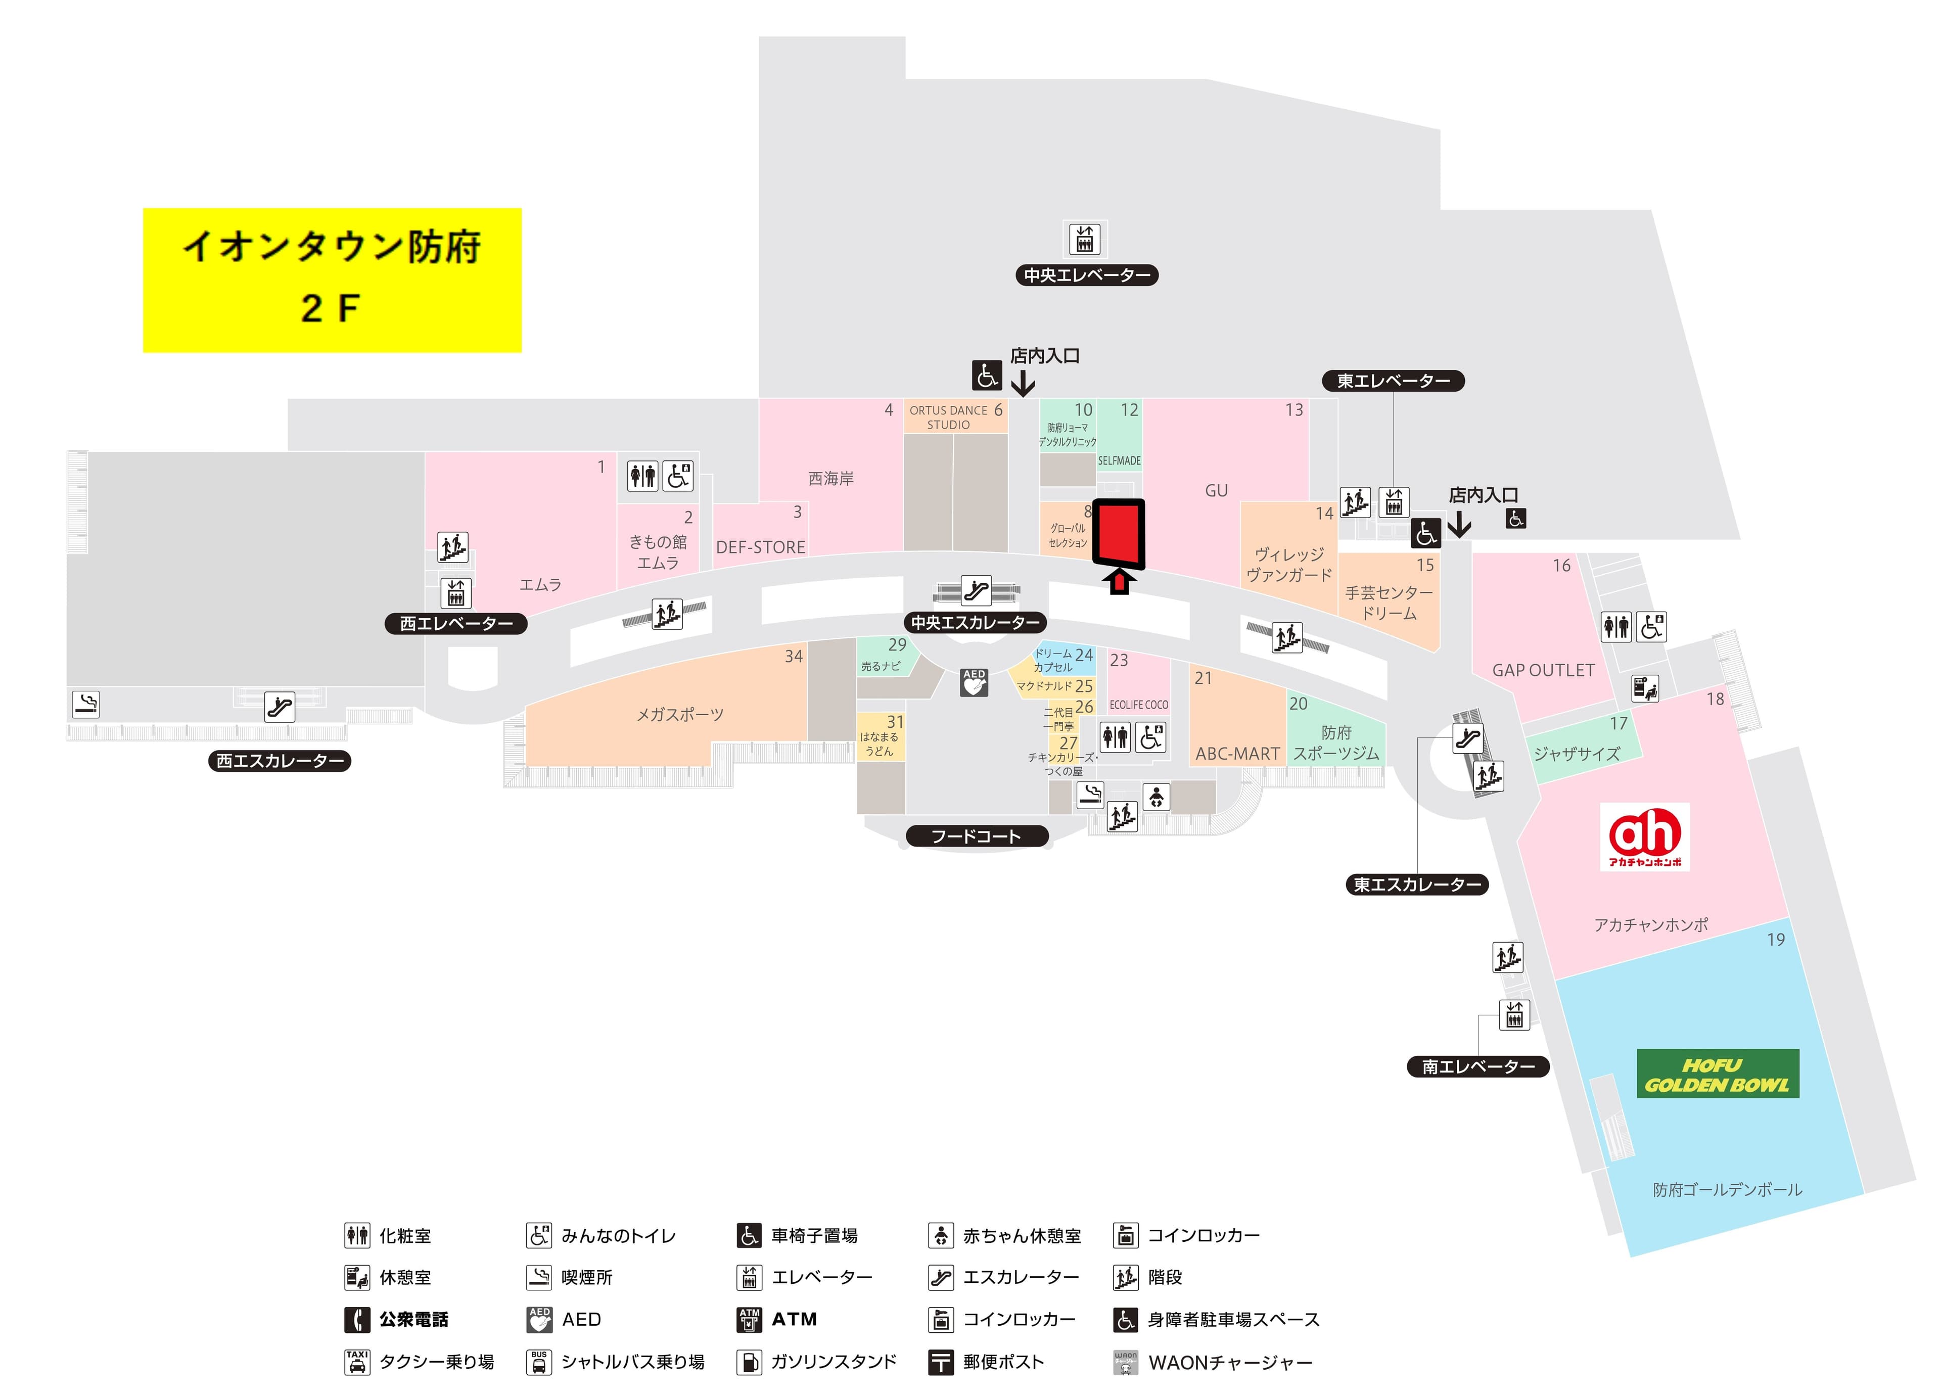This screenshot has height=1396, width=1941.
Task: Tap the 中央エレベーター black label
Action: click(x=1086, y=275)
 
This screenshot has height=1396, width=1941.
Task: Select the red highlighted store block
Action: click(x=1119, y=533)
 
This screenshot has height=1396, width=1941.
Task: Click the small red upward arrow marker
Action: click(x=1119, y=583)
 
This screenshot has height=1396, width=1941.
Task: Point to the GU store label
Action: click(x=1216, y=490)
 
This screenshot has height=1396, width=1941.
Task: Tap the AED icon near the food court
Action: click(x=974, y=682)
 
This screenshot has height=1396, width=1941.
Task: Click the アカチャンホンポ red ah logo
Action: click(x=1644, y=836)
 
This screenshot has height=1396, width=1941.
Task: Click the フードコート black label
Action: click(x=977, y=836)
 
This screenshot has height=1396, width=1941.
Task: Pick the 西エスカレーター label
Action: click(x=280, y=761)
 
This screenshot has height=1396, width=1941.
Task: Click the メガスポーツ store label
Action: click(x=679, y=715)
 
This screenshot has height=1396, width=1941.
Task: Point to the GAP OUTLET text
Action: click(x=1543, y=670)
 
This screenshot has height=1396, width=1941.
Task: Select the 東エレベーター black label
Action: click(x=1393, y=381)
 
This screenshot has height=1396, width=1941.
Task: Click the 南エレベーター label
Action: click(x=1478, y=1066)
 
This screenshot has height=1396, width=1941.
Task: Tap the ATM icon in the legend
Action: click(x=749, y=1319)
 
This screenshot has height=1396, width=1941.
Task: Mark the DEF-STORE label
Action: click(x=760, y=547)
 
